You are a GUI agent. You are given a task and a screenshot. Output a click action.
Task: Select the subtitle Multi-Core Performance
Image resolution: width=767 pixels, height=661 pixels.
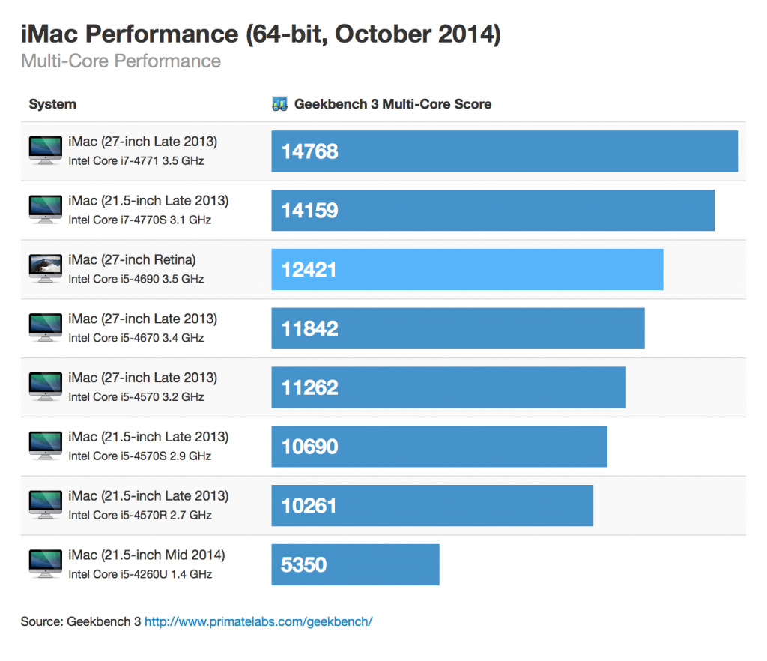[x=121, y=61]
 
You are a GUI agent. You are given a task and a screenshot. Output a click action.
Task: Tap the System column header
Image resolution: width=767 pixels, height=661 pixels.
[x=52, y=104]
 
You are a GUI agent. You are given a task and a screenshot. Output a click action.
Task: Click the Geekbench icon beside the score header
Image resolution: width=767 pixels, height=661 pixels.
[x=280, y=104]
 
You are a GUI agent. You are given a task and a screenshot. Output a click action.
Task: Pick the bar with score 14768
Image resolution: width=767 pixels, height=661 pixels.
[x=504, y=151]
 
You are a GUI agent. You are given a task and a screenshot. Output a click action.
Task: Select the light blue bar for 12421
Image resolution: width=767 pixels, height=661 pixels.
[x=467, y=269]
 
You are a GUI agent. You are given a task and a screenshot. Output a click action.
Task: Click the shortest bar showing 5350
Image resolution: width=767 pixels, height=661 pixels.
[x=355, y=564]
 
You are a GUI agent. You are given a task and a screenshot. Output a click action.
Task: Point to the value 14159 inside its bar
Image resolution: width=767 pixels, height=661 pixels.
[x=309, y=211]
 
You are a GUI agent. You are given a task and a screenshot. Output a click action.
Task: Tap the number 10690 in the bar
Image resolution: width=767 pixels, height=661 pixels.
[x=309, y=447]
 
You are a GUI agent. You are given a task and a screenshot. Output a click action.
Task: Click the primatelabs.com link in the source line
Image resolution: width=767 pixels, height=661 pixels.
[x=258, y=621]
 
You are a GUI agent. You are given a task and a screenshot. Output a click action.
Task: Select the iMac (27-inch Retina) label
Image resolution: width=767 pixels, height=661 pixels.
[x=132, y=260]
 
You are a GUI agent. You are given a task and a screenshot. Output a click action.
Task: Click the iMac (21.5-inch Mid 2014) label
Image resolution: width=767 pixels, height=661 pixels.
[x=146, y=555]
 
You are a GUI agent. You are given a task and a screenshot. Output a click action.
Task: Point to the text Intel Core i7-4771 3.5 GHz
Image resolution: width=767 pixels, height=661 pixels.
[x=136, y=160]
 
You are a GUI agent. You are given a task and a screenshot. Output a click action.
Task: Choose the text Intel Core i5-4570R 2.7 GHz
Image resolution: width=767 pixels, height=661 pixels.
[x=140, y=515]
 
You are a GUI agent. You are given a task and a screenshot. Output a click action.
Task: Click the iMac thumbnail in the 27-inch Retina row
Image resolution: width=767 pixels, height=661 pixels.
[x=46, y=268]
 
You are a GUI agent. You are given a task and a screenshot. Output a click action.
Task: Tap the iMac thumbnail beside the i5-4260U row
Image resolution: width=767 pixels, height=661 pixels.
[x=46, y=563]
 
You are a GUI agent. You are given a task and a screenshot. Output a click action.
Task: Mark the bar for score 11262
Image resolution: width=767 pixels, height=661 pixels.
[x=448, y=387]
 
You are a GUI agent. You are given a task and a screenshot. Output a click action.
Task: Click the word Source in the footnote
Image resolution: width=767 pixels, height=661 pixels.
[x=41, y=621]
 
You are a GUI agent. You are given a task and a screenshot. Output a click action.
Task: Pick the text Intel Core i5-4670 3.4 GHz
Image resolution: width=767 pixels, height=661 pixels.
[x=136, y=338]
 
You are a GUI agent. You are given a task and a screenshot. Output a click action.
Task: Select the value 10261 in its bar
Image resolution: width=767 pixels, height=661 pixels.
[x=309, y=506]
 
